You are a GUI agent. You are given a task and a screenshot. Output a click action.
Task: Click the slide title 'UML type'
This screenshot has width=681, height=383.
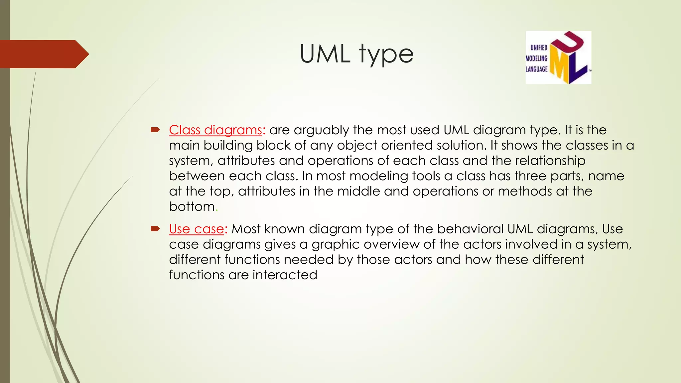pyautogui.click(x=356, y=54)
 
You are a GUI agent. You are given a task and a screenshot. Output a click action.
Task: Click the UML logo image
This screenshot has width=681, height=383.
pyautogui.click(x=558, y=57)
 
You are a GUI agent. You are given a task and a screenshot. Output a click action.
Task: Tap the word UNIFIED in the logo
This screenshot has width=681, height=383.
pyautogui.click(x=539, y=48)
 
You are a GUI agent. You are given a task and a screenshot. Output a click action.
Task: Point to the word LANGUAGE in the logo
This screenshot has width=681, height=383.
pyautogui.click(x=536, y=69)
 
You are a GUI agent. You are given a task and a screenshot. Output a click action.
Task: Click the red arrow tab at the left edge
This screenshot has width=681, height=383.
pyautogui.click(x=43, y=54)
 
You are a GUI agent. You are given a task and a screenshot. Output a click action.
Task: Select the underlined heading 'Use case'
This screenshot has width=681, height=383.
pyautogui.click(x=197, y=229)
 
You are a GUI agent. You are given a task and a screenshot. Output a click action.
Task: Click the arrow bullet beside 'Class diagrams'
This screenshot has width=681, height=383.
pyautogui.click(x=155, y=130)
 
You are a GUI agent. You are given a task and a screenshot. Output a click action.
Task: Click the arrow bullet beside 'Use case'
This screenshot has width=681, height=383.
pyautogui.click(x=155, y=229)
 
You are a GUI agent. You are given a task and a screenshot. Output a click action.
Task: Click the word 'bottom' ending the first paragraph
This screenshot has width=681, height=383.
pyautogui.click(x=192, y=206)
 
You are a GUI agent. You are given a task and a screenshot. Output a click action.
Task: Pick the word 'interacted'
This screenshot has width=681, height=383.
pyautogui.click(x=285, y=275)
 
